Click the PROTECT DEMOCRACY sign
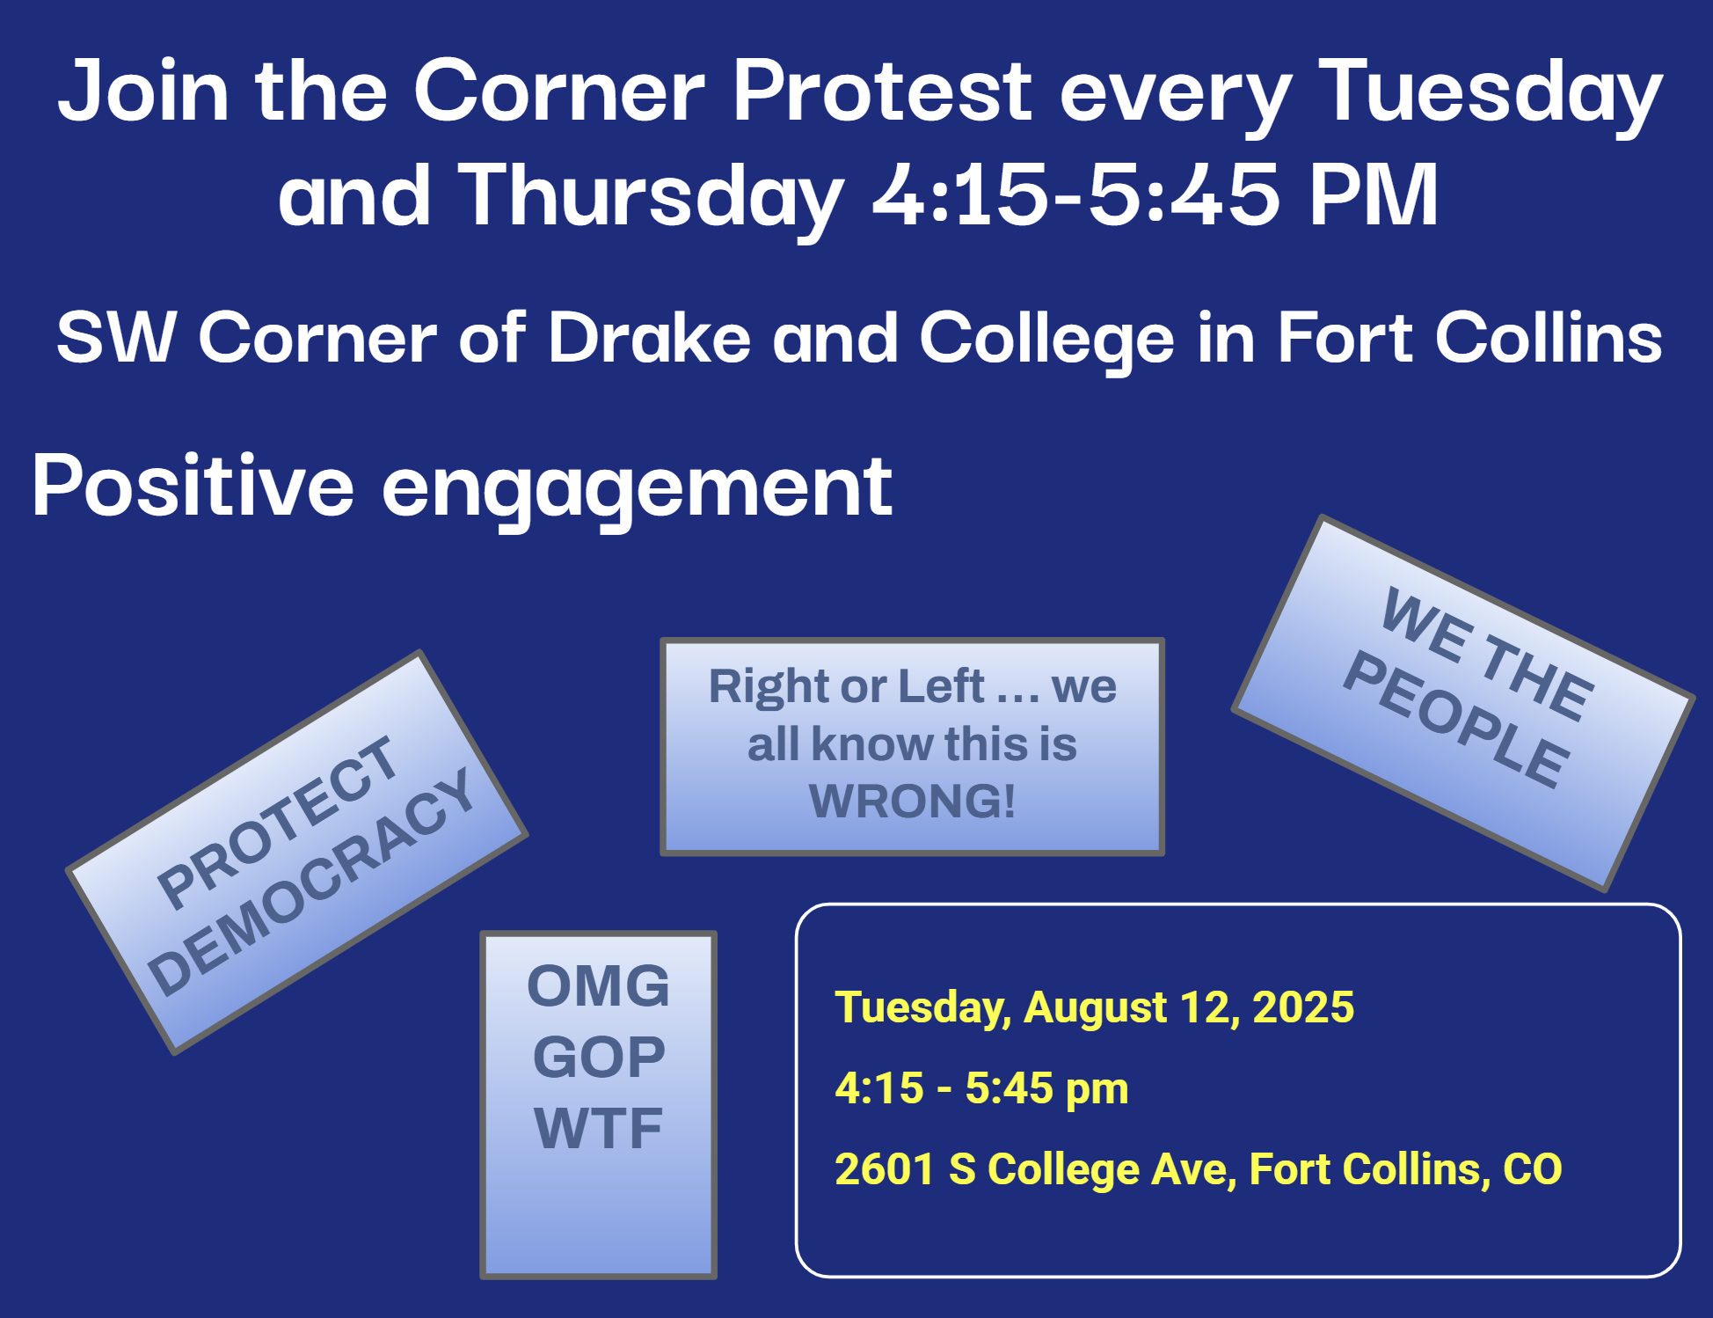[297, 851]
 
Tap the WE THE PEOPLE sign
[1462, 702]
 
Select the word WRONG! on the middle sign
[912, 801]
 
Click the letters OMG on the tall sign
[598, 985]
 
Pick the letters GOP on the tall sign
[598, 1057]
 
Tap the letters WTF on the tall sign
[598, 1128]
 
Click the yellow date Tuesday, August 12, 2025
[1095, 1007]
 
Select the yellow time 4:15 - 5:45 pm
[981, 1088]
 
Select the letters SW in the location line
[116, 337]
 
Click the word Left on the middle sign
[935, 686]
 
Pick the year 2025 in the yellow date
[1303, 1007]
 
